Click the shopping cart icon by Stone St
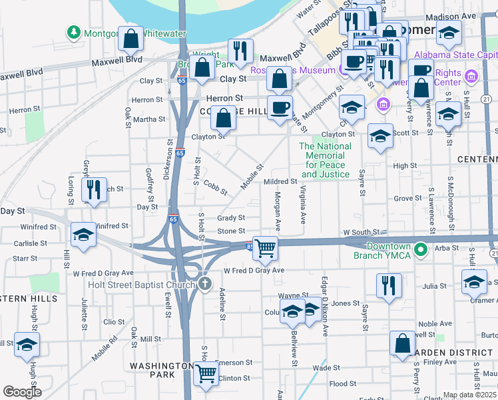[266, 248]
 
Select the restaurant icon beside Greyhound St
[94, 189]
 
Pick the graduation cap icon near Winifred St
[83, 235]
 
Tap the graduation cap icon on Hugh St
[27, 345]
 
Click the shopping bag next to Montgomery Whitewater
[131, 40]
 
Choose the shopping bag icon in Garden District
[403, 344]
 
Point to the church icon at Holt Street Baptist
[204, 285]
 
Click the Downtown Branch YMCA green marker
[420, 251]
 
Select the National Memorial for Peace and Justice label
[325, 161]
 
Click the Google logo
[22, 392]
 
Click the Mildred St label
[280, 181]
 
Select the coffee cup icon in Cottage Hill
[280, 107]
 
